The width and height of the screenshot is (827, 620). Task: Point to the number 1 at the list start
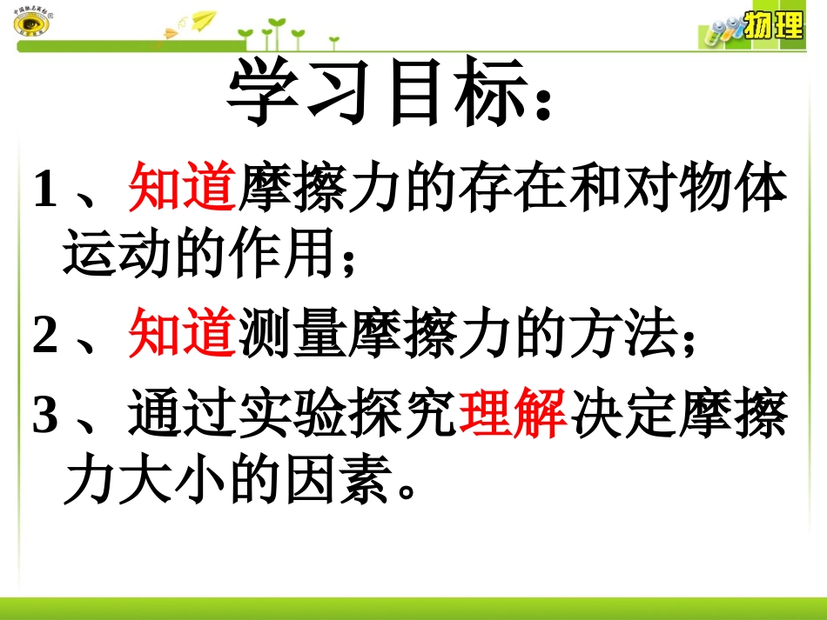tap(44, 190)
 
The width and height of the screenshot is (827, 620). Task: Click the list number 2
tap(44, 335)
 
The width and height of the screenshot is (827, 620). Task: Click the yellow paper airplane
tap(202, 19)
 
